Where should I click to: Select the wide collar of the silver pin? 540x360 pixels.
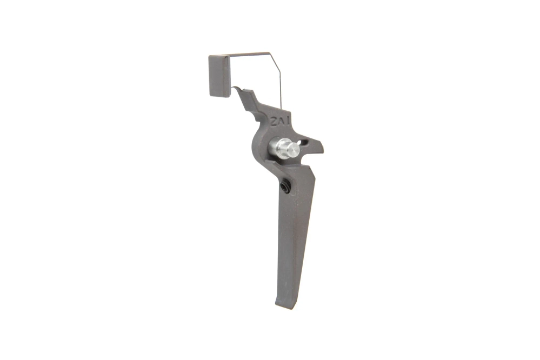[279, 148]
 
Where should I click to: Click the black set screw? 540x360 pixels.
[284, 187]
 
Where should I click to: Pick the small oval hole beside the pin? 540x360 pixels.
[305, 143]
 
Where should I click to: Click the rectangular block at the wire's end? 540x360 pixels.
[219, 76]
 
